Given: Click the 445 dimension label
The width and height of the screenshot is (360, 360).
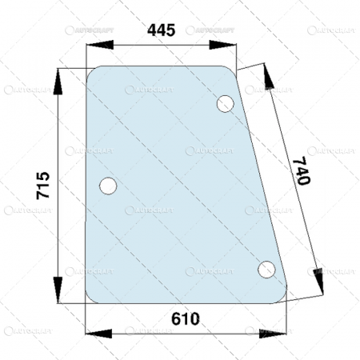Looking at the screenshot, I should pos(161,31).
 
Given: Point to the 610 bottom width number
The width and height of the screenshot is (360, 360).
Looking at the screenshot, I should pos(186,318).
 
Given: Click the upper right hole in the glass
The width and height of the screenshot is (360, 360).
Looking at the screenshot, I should pos(226,104).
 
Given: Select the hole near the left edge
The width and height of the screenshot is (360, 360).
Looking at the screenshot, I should pos(108,186).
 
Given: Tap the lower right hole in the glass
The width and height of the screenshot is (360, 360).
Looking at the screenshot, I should pos(267,270).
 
